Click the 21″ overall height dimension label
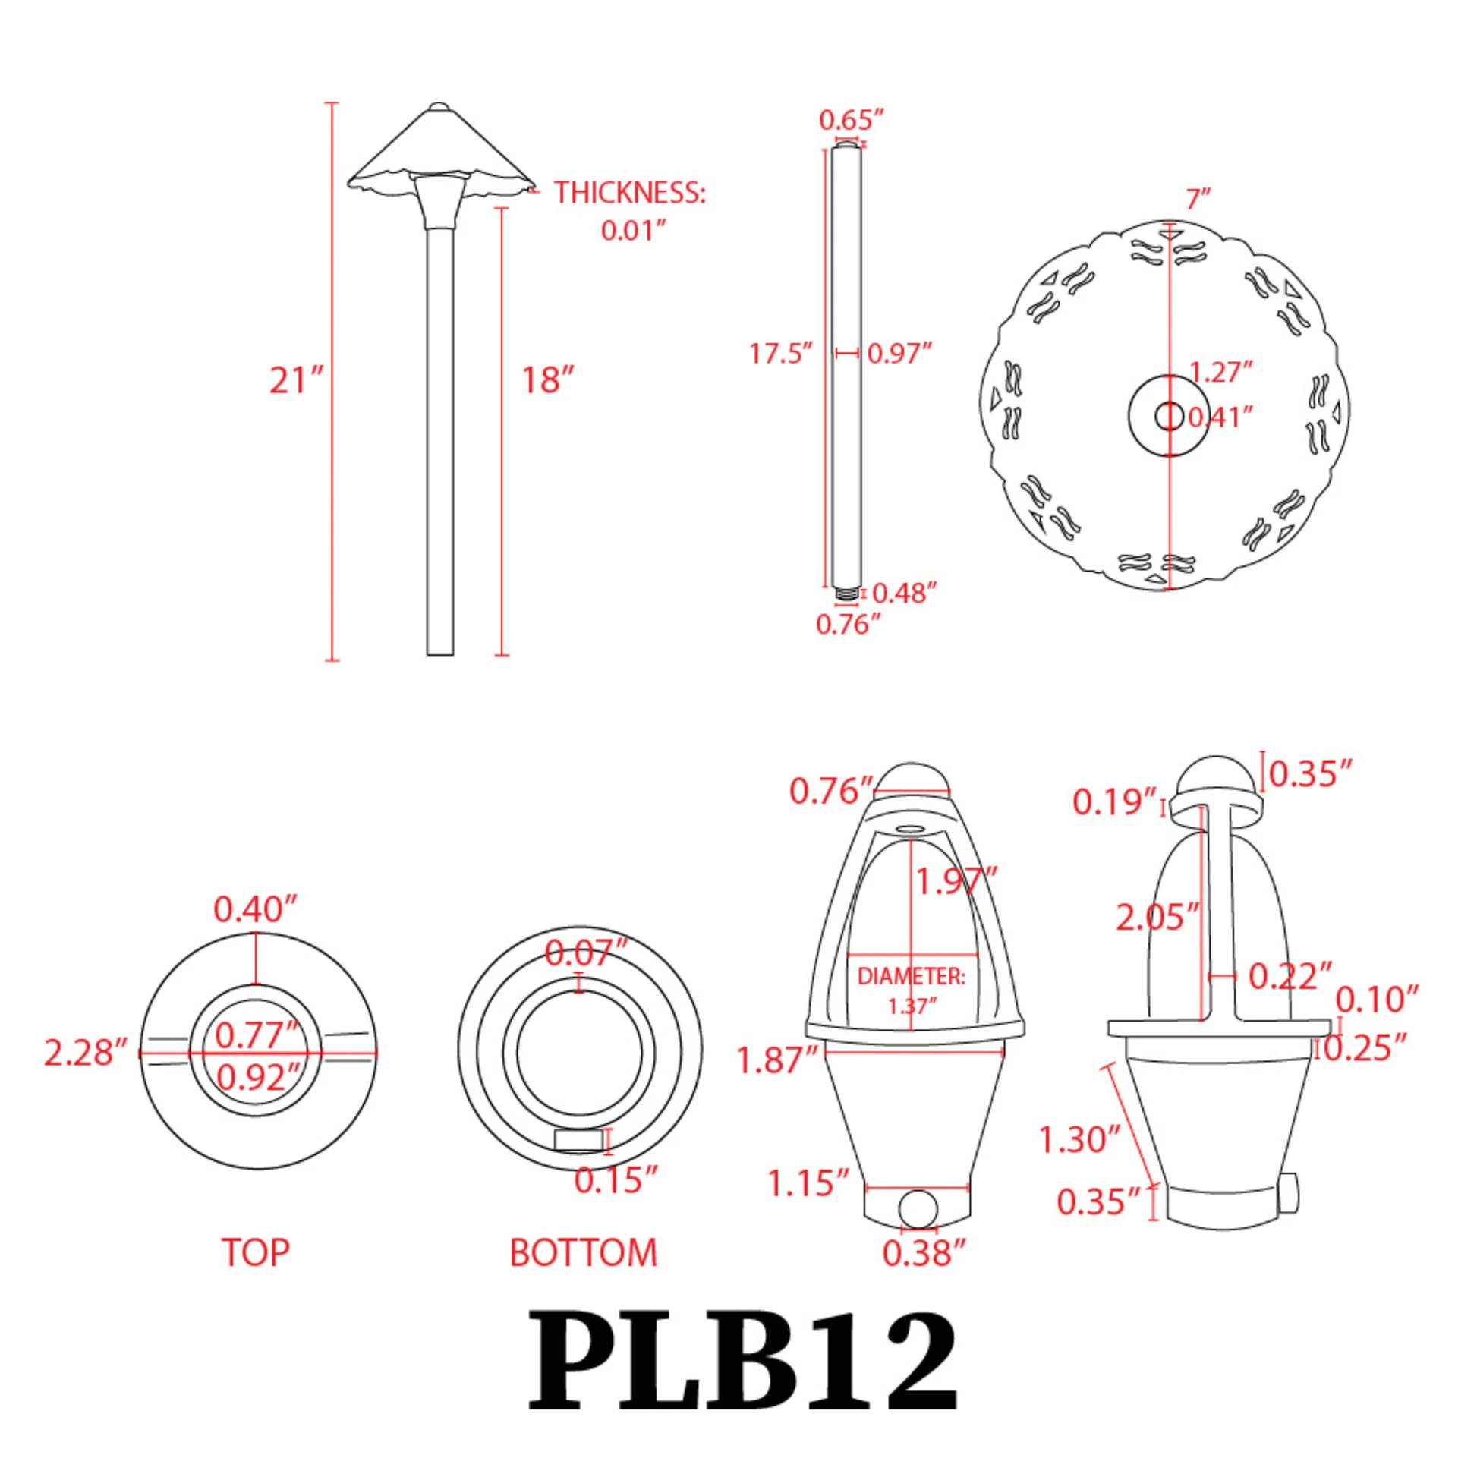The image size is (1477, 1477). click(x=297, y=381)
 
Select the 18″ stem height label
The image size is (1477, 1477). click(x=547, y=381)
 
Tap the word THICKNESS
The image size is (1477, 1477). click(x=629, y=193)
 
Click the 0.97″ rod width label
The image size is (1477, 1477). click(x=900, y=354)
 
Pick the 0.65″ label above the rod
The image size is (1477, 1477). click(x=851, y=120)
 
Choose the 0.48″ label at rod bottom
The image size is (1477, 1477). click(x=905, y=593)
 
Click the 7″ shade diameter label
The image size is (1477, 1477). click(x=1198, y=200)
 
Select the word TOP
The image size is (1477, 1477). click(x=255, y=1252)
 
